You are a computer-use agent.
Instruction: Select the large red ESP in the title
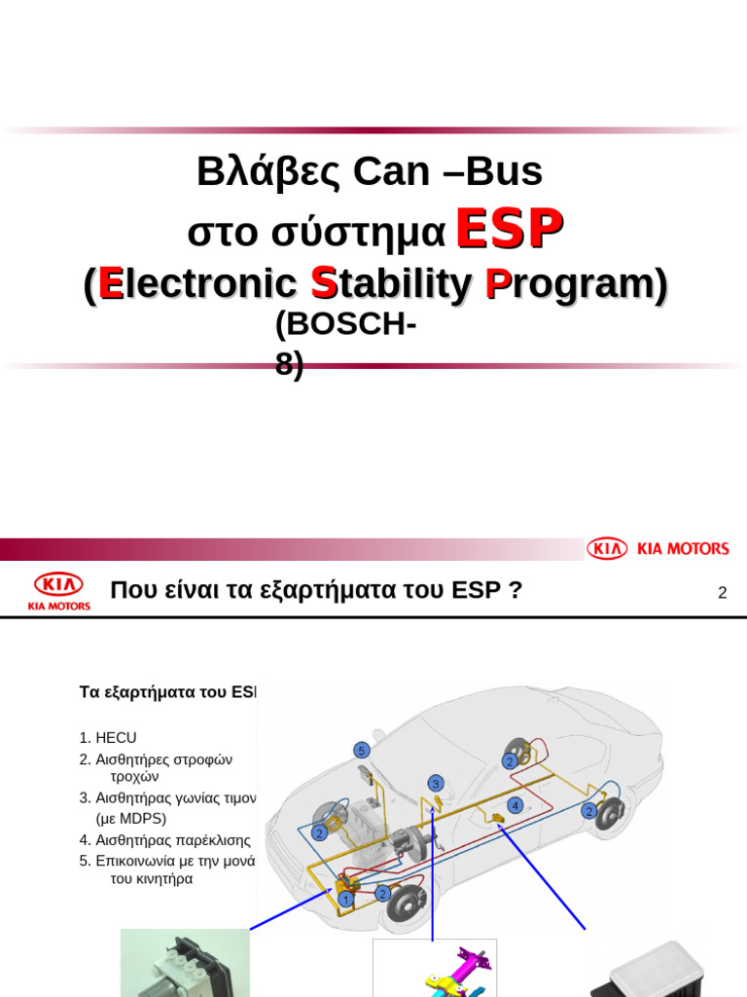509,230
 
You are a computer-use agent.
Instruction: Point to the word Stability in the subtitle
390,283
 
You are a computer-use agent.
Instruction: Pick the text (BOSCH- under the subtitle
345,325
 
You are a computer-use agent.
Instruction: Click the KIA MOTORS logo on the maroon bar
658,549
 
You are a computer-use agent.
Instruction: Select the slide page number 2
722,592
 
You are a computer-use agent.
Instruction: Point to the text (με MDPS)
131,819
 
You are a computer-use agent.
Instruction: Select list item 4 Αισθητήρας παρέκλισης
165,839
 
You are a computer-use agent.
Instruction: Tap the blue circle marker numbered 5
361,751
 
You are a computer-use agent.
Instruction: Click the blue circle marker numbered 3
436,783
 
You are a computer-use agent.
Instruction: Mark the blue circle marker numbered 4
516,805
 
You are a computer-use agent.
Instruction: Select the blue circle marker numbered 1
344,899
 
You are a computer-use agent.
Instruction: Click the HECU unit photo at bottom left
185,964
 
